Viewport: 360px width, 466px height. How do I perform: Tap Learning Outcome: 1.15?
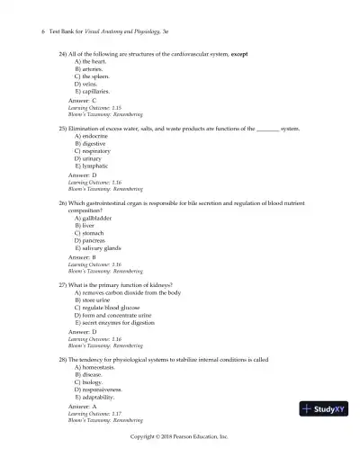(101, 108)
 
